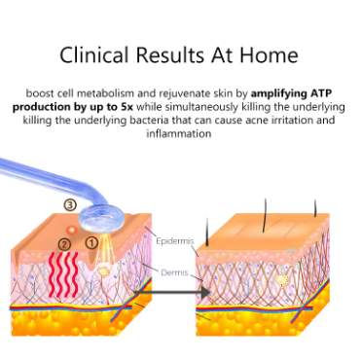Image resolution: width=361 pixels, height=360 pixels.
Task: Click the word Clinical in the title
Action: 93,54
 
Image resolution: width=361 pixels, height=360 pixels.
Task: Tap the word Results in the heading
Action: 169,54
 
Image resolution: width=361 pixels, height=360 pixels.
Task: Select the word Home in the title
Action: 269,54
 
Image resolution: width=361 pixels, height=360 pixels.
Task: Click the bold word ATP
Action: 321,93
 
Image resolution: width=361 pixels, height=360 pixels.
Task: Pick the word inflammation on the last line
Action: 179,133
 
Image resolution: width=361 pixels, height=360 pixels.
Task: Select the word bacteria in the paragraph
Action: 150,120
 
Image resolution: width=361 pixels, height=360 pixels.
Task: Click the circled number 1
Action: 91,242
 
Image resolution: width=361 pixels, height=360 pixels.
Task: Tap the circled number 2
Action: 64,244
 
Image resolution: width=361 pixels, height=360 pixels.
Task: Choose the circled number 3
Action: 70,204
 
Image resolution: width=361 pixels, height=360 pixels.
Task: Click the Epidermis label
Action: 175,241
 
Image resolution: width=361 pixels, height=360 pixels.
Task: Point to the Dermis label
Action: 174,272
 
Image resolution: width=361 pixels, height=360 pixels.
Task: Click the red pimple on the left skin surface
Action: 71,230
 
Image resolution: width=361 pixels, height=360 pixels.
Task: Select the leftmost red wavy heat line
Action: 53,274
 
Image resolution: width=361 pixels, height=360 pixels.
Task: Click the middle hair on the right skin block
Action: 265,215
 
